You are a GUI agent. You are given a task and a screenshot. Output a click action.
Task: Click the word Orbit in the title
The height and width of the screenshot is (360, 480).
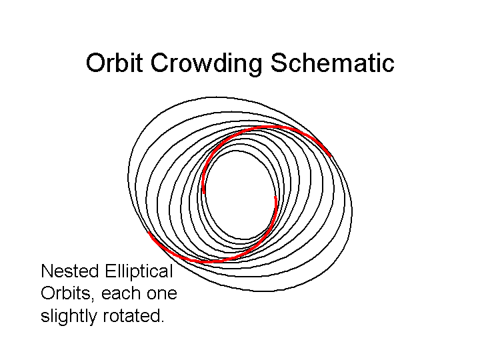[114, 63]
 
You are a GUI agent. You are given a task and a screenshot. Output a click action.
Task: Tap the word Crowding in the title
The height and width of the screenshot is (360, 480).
[206, 64]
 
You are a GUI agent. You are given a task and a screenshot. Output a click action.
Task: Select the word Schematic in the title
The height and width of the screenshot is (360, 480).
[333, 63]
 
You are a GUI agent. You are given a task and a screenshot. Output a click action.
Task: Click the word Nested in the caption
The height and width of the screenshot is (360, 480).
[70, 271]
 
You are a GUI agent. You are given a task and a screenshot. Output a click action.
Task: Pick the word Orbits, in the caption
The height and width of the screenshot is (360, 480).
[66, 293]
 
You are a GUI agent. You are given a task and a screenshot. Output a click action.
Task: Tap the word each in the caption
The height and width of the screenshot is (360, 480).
[121, 293]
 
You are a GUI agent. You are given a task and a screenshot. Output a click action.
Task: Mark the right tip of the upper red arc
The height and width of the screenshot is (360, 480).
[331, 156]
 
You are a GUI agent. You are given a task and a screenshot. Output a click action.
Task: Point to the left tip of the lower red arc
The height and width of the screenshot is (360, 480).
[149, 233]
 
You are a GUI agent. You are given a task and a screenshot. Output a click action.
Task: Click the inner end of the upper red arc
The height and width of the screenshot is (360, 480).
[204, 192]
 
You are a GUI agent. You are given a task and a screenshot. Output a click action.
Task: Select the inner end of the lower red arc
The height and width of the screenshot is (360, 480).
[275, 197]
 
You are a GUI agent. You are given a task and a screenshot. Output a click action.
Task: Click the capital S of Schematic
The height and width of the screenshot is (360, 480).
[280, 63]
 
